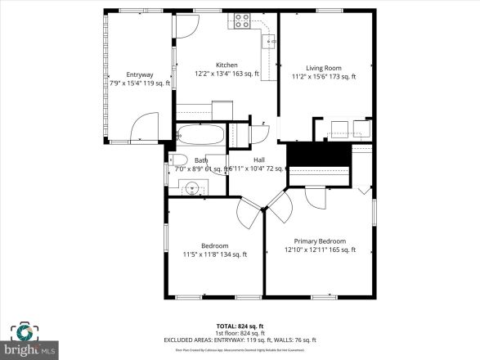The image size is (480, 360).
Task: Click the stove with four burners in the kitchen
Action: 242,21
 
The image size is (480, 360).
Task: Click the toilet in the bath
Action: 179,160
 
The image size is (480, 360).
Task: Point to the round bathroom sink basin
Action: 192,187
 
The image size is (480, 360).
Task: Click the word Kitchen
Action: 227,65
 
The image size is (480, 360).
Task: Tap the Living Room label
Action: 324,68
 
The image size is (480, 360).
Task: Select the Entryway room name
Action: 139,74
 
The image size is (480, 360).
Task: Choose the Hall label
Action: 258,160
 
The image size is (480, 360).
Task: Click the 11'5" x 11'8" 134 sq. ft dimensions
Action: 215,254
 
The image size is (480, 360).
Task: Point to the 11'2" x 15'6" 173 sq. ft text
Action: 324,77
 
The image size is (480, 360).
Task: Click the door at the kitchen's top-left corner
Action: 185,25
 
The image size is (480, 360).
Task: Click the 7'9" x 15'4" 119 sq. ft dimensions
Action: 139,83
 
